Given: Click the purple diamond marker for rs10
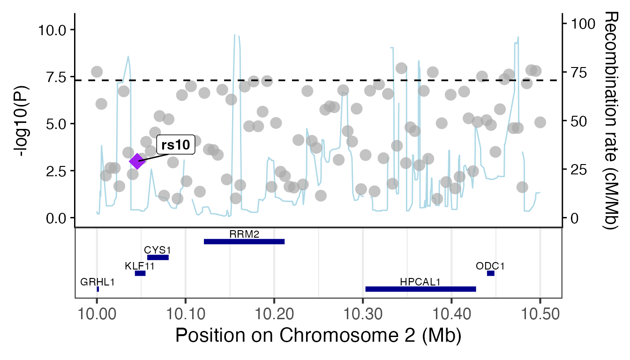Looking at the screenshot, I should tap(137, 161).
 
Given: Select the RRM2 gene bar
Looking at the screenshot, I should tap(244, 241).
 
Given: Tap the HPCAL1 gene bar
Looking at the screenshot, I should tap(420, 289).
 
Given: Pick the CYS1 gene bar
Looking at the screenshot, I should tap(158, 257).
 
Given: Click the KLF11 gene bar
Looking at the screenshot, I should tap(140, 273).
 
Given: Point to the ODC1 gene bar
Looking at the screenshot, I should tap(490, 273).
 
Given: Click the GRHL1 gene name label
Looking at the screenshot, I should tap(97, 282).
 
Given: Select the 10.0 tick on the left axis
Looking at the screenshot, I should tap(54, 30).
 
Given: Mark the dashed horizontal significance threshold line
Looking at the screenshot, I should tap(281, 80).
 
